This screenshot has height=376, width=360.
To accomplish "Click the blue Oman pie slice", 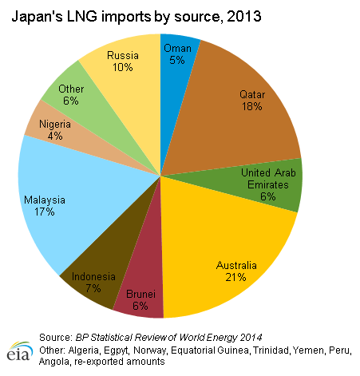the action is tap(176, 80).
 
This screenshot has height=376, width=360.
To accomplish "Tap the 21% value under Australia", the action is tap(235, 277).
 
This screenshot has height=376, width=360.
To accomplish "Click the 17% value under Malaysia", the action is tap(45, 212).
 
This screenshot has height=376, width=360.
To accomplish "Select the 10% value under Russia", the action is tap(123, 67).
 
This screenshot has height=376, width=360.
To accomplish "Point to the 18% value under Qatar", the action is tap(252, 106).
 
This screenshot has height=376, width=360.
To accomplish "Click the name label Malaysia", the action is tap(45, 200).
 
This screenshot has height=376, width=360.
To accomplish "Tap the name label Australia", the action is tap(236, 265).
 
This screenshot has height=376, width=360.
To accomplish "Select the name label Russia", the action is tap(123, 55).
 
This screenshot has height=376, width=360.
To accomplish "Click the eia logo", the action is tap(19, 351).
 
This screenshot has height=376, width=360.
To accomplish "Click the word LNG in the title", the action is tap(82, 17).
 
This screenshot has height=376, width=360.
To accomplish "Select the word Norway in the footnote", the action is tap(150, 350).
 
